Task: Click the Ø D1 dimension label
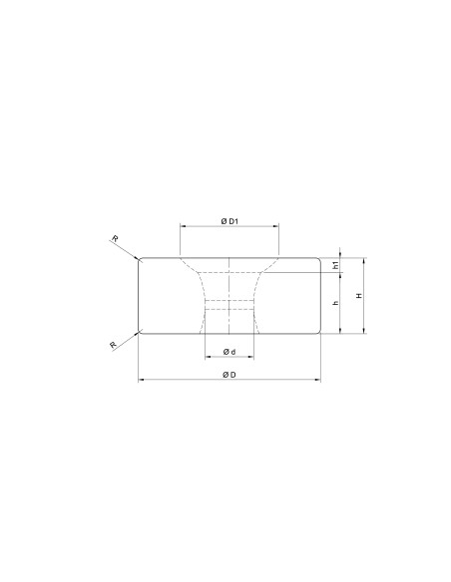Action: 229,221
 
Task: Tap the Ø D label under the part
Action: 229,375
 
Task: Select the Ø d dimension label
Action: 229,352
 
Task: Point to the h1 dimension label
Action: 336,265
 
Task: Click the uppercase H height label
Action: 359,296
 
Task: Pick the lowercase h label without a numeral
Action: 336,303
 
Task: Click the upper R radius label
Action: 115,238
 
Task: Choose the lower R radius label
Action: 114,345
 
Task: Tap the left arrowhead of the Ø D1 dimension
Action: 183,225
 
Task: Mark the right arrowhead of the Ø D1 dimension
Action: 276,225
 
